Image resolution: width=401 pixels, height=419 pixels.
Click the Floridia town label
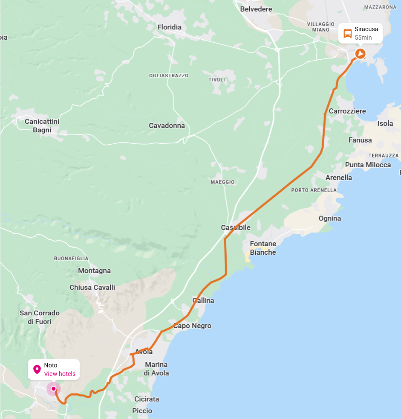point(169,27)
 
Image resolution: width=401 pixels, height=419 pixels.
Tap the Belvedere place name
point(256,9)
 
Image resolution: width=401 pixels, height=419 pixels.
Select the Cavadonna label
point(167,126)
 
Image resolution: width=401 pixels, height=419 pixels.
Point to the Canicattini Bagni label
point(42,126)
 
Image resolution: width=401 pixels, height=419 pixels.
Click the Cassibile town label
point(236,228)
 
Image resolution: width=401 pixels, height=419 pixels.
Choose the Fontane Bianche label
point(263,248)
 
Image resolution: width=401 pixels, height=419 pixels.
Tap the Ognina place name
point(330,218)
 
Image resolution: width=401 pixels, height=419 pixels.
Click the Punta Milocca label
point(368,165)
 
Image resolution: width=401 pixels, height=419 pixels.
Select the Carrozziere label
point(347,111)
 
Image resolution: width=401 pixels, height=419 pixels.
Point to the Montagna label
point(94,271)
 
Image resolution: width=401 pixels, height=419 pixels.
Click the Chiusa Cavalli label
point(92,288)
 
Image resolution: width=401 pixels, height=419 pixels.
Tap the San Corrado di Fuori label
point(40,317)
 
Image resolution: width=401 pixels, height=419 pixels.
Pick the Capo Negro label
point(192,326)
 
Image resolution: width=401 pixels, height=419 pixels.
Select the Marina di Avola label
point(157,369)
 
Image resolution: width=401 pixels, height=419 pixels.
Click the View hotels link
point(60,374)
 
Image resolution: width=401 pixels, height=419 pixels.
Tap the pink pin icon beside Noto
point(37,370)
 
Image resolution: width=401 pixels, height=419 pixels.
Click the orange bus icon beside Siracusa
point(347,33)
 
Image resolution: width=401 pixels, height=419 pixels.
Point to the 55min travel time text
point(363,38)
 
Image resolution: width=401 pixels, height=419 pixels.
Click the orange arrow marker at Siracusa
point(360,53)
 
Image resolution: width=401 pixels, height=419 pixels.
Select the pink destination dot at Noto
point(53,389)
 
